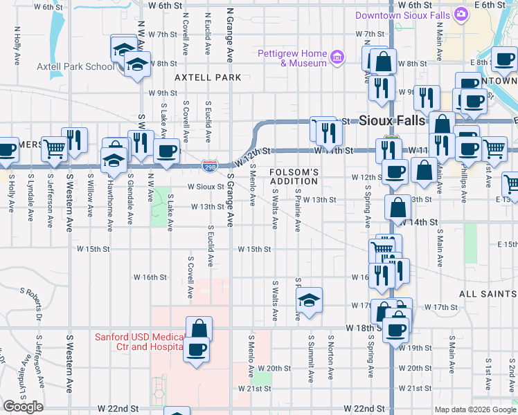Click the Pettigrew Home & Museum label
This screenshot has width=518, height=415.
(x=292, y=58)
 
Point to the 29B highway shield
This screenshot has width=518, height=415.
(x=209, y=166)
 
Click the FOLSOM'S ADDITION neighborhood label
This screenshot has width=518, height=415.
(x=293, y=176)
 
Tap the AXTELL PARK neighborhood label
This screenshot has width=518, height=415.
(x=208, y=77)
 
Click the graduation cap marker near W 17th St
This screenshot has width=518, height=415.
(x=309, y=299)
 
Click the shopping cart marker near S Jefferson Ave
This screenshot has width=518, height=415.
(x=54, y=147)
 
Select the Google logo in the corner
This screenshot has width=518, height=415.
(x=23, y=407)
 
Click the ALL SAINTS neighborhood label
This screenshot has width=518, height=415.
(x=488, y=294)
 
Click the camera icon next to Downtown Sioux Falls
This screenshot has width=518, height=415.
(x=461, y=15)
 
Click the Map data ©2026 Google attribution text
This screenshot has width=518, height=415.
(x=474, y=409)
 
